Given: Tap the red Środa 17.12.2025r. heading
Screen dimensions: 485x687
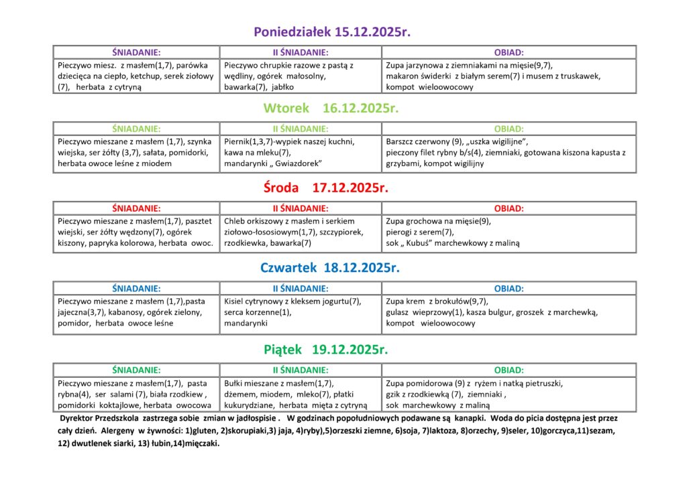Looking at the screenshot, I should (326, 188).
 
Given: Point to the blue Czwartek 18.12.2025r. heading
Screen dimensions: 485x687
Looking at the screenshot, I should (330, 268).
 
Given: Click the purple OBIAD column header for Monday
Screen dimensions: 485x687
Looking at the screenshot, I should (509, 52).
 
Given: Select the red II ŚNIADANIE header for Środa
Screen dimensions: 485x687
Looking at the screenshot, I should (300, 208).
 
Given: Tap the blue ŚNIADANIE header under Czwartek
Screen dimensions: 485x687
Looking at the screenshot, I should (136, 289).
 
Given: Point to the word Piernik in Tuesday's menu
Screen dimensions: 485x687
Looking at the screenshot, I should (237, 141).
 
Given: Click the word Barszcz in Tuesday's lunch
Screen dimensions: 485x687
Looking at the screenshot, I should (401, 141).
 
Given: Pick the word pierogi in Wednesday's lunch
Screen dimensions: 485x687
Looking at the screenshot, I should (400, 232).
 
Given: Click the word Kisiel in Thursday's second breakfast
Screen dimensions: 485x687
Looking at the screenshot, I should (235, 301).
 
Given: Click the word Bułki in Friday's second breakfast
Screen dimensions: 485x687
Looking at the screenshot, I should (235, 383).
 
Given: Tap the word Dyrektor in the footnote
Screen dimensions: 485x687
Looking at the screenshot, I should (78, 418).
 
